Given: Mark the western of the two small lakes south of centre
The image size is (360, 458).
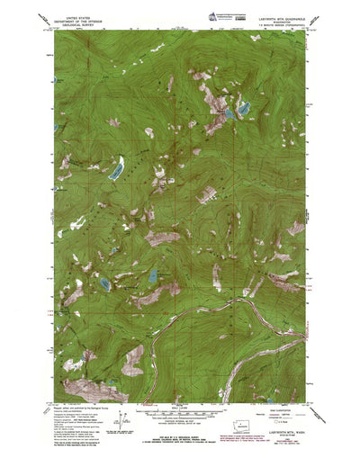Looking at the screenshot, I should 105,283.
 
